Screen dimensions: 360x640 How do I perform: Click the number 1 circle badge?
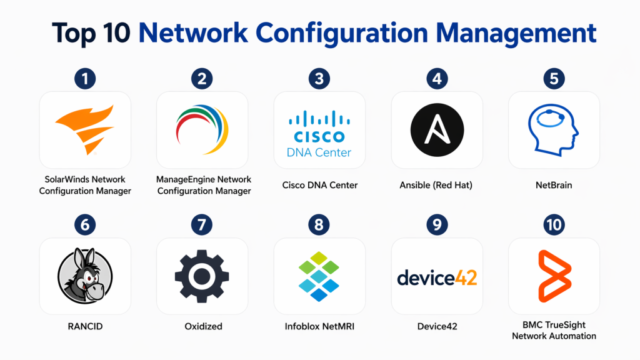[x=84, y=79]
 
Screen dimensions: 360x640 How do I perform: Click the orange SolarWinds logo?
[x=85, y=129]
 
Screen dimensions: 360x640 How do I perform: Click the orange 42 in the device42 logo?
[x=464, y=276]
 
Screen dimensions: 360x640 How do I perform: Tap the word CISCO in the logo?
[x=319, y=136]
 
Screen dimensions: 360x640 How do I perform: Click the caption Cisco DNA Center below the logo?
[x=319, y=185]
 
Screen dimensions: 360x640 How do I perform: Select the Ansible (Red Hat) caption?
[x=437, y=185]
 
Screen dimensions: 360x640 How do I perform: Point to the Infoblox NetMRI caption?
[x=319, y=326]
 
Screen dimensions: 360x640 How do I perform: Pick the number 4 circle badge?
[x=437, y=79]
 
